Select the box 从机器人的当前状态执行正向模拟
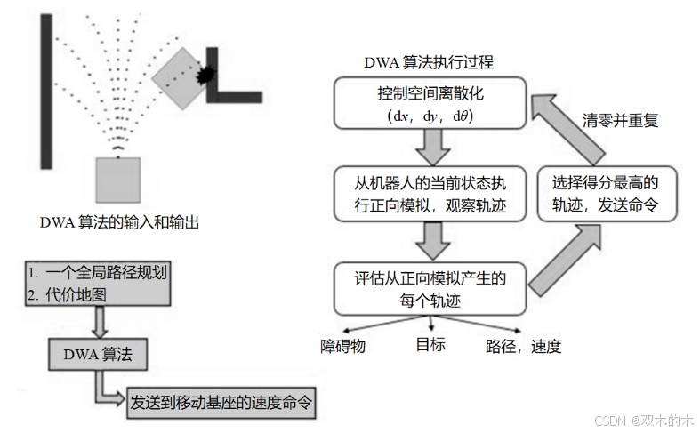click(430, 192)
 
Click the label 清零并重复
click(620, 120)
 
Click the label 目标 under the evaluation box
click(430, 344)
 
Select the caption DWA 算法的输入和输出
click(119, 222)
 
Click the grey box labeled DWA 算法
click(98, 355)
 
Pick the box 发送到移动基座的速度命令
click(221, 401)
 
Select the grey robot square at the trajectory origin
click(118, 178)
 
